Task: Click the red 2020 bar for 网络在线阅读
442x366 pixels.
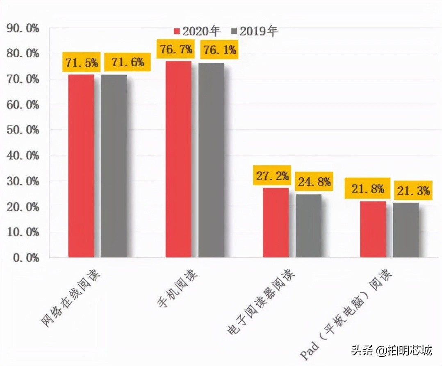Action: (81, 166)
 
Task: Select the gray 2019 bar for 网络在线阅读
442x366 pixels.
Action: (114, 166)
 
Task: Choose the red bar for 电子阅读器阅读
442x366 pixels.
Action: (276, 222)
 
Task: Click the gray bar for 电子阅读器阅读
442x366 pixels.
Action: (308, 226)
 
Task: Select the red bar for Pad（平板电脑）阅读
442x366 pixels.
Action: (373, 229)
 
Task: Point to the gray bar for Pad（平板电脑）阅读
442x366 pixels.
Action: (406, 230)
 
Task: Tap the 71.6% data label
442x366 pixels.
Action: (127, 62)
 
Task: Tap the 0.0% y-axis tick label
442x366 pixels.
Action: (25, 258)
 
